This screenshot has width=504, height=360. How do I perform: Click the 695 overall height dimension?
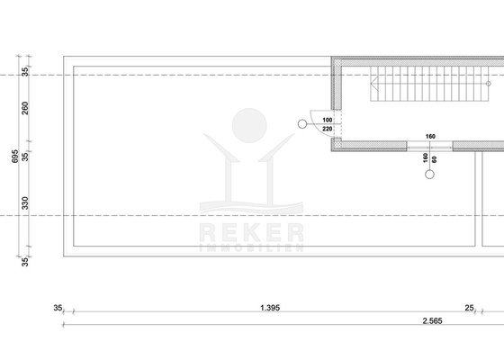tap(15, 157)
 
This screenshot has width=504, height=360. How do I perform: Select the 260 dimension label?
tap(25, 108)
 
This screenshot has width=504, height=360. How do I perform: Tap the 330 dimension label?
tap(25, 203)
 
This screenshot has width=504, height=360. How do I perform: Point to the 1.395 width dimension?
tap(270, 308)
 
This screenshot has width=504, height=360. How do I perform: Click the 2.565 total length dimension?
tap(432, 320)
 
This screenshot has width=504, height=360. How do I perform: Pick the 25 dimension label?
tap(469, 308)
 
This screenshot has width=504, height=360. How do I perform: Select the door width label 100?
tap(328, 120)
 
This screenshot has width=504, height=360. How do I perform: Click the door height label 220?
tap(328, 129)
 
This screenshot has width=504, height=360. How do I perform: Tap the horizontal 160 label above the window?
tap(430, 137)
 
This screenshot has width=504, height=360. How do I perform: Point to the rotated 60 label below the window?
tap(434, 159)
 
